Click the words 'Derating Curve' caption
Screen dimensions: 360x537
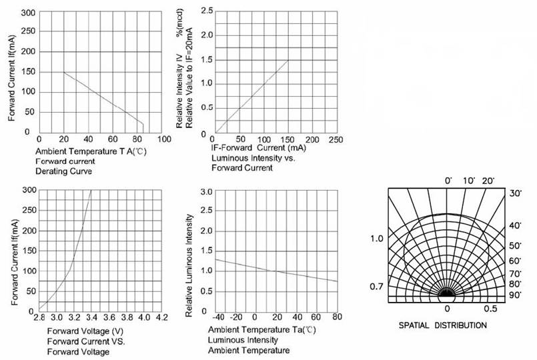[63, 171]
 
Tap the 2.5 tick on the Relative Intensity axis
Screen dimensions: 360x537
[207, 11]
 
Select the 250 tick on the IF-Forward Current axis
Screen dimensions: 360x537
[336, 139]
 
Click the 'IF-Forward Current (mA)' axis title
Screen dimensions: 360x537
[259, 148]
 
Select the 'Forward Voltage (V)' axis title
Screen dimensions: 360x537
[85, 331]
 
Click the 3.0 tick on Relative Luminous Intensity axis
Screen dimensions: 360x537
[207, 192]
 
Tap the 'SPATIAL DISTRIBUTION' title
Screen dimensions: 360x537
[442, 325]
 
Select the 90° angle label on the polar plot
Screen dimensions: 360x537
[514, 295]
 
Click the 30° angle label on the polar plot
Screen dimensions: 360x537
[514, 193]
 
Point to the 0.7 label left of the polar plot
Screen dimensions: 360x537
[377, 287]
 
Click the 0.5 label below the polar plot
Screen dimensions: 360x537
[490, 309]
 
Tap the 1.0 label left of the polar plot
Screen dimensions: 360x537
[377, 238]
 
